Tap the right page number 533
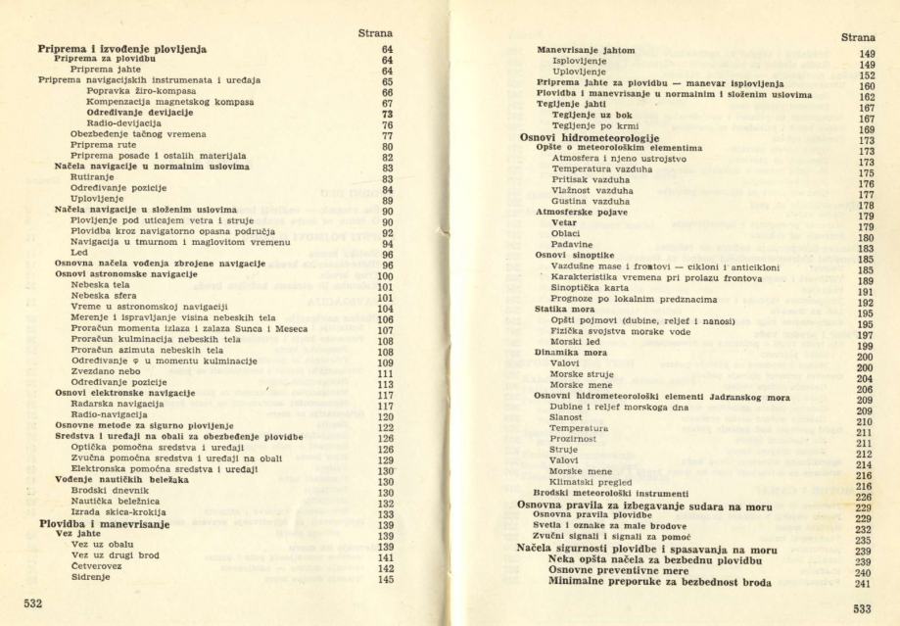pyautogui.click(x=862, y=608)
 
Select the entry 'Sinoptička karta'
pyautogui.click(x=599, y=291)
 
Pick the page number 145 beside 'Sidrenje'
pyautogui.click(x=386, y=579)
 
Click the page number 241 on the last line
pyautogui.click(x=863, y=585)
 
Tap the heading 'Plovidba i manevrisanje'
pyautogui.click(x=104, y=524)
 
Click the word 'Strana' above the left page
pyautogui.click(x=375, y=32)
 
